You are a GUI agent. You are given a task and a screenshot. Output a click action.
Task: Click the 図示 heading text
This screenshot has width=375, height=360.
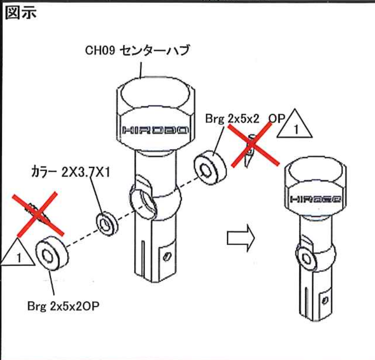[20, 13]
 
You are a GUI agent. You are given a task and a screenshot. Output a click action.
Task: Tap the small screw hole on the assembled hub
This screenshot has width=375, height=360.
[325, 301]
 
